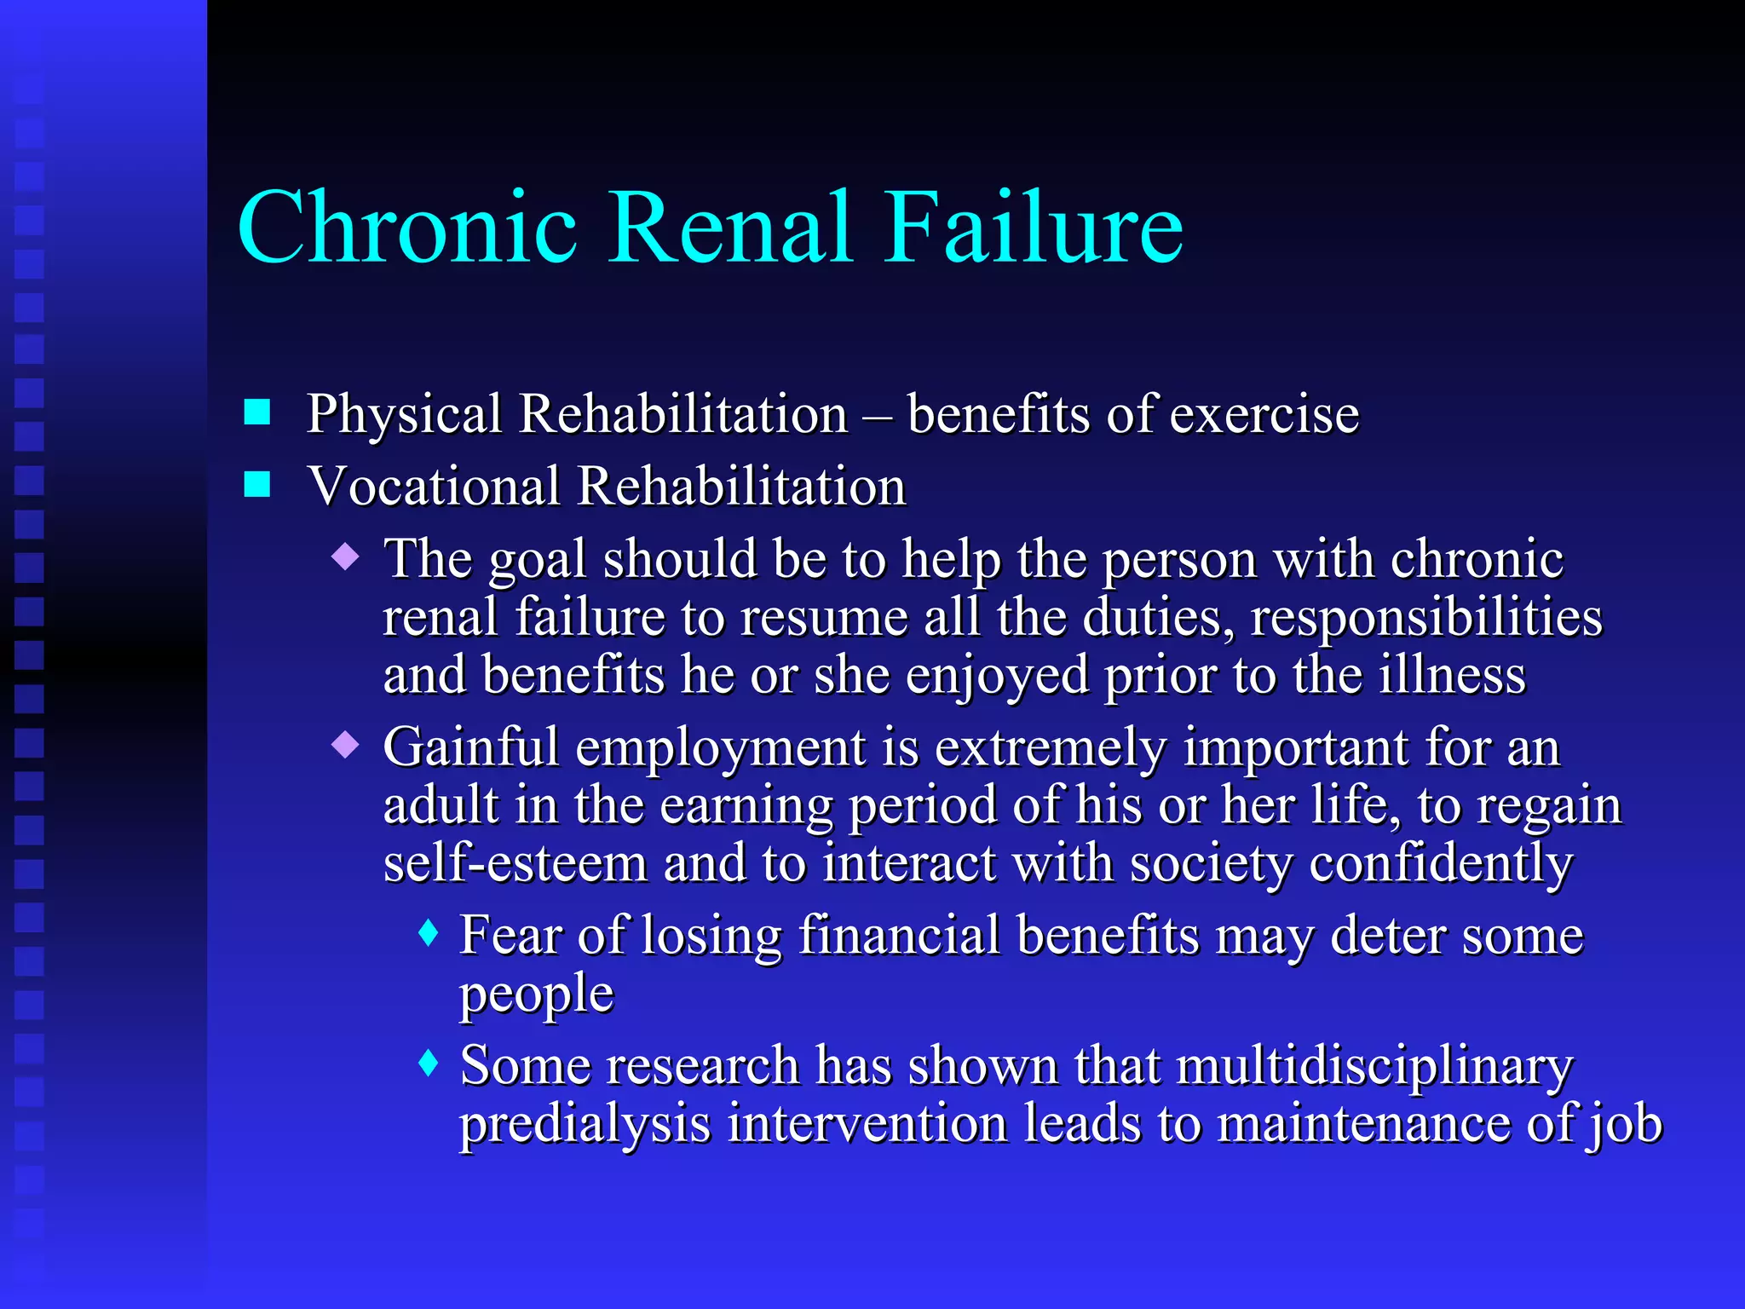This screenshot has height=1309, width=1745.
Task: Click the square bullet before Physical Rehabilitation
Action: point(257,412)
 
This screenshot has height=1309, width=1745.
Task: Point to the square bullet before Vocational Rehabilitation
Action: point(257,484)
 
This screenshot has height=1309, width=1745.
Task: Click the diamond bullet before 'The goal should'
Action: point(346,558)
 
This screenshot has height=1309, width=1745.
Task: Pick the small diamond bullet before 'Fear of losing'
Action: point(429,933)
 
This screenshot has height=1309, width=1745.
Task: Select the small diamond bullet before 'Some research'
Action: point(429,1063)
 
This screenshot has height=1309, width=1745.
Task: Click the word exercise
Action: point(1264,415)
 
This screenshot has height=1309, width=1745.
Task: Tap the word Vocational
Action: point(434,487)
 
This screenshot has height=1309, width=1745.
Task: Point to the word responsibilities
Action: point(1426,617)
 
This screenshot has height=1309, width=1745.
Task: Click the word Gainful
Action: point(470,747)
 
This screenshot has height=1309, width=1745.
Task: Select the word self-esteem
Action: point(515,862)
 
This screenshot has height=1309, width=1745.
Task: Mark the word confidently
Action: point(1441,864)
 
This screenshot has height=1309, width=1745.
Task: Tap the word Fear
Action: point(510,935)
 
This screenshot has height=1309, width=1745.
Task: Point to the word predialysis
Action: point(585,1124)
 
